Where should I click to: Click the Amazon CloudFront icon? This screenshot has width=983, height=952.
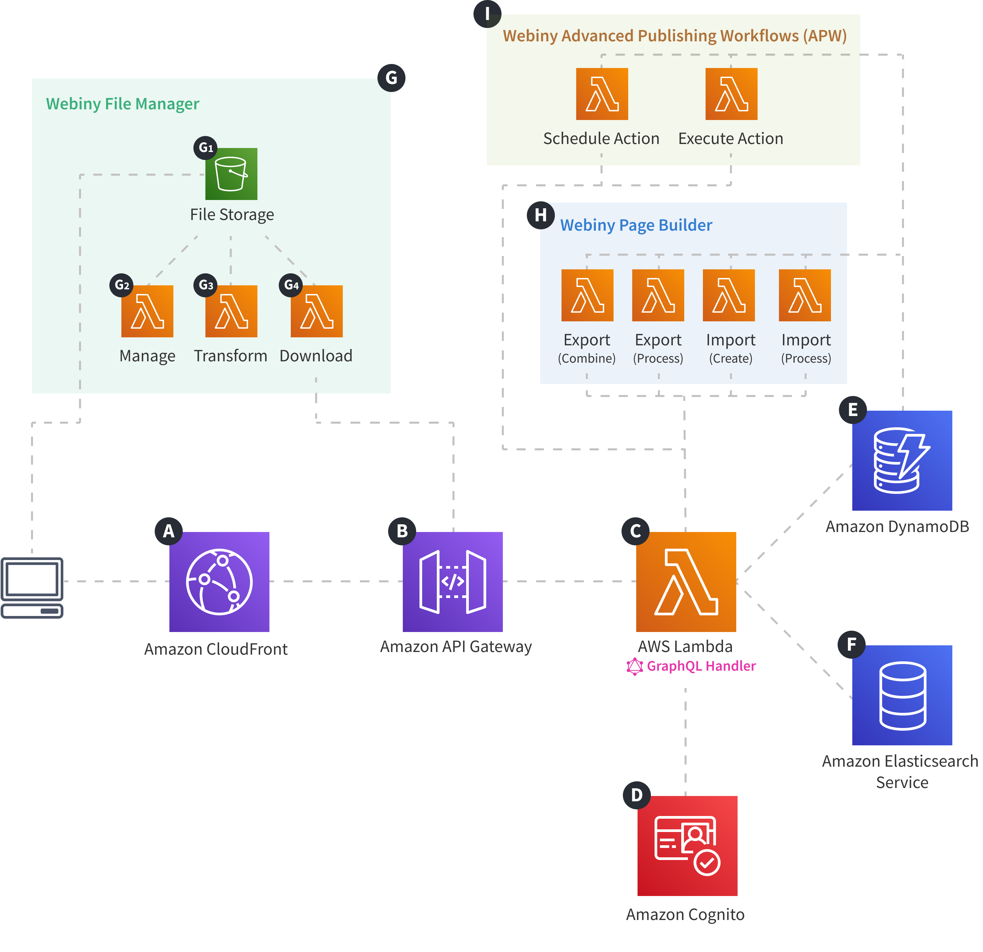(219, 582)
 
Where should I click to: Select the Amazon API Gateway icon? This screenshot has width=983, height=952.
(452, 582)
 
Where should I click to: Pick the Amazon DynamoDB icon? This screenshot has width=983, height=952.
(902, 460)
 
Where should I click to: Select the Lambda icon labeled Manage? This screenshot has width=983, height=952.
(147, 311)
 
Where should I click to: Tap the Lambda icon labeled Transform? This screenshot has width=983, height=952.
(231, 311)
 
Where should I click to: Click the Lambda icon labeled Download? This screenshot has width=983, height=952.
(316, 311)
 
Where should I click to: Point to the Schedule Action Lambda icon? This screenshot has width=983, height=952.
(602, 94)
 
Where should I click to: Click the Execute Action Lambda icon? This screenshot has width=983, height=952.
(731, 94)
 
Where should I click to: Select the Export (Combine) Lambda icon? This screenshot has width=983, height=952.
(587, 295)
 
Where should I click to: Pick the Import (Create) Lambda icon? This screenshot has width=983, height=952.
(729, 295)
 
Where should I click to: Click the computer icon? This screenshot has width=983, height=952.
(32, 588)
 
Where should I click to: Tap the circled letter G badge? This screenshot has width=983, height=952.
(391, 78)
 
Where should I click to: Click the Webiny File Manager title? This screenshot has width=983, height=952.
(122, 104)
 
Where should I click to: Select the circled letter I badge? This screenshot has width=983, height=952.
(487, 14)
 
